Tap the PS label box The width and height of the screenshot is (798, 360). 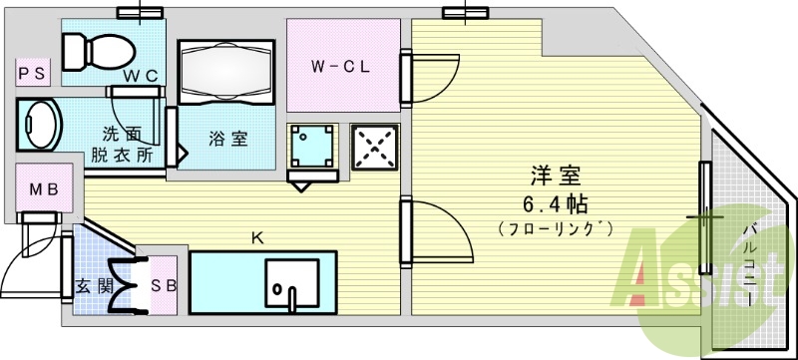pyautogui.click(x=30, y=72)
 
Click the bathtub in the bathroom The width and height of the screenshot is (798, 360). pyautogui.click(x=224, y=73)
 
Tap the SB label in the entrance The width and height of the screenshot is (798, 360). pyautogui.click(x=163, y=286)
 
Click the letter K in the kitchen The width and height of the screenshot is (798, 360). pyautogui.click(x=256, y=238)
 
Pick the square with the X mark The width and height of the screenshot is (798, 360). pyautogui.click(x=376, y=149)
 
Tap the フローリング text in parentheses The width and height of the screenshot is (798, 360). pyautogui.click(x=556, y=229)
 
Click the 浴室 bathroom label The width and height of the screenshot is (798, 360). pyautogui.click(x=228, y=139)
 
